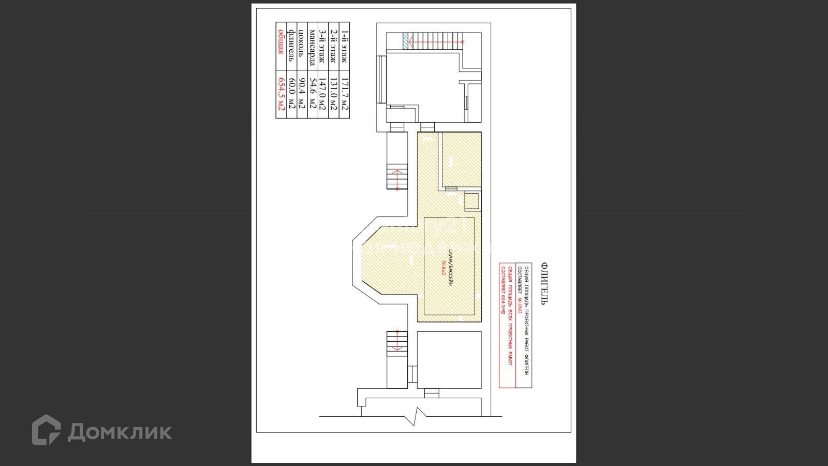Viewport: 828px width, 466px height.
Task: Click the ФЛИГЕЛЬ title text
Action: point(544,283)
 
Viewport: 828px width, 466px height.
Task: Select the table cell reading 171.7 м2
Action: point(344,93)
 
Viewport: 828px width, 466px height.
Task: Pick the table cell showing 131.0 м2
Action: point(333,93)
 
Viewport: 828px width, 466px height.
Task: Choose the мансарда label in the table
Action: point(312,47)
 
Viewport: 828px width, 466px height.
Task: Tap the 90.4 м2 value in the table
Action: point(302,93)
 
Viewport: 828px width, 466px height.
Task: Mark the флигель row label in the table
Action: point(291,46)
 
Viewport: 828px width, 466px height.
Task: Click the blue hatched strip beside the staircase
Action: point(405,40)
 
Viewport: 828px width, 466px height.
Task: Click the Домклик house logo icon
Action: point(46,430)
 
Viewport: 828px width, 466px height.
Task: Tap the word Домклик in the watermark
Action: point(120,431)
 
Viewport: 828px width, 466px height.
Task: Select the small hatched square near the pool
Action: point(472,201)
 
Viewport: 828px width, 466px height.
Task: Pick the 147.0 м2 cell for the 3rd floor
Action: point(322,93)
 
